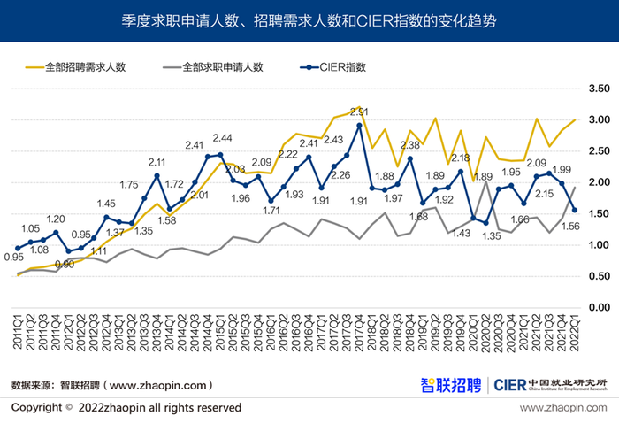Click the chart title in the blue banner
[x=309, y=19]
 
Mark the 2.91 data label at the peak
[x=359, y=112]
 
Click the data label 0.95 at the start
[x=13, y=258]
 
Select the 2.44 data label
[x=222, y=138]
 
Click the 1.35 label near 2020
[x=490, y=235]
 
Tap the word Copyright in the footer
[x=36, y=408]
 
